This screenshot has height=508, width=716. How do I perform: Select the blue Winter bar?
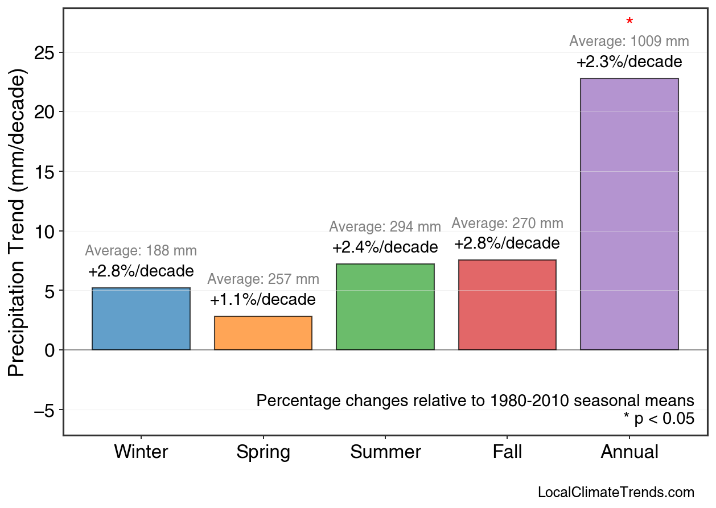[x=141, y=319]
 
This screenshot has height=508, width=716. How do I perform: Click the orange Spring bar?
[x=263, y=333]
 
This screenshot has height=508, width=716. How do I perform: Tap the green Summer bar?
[x=385, y=307]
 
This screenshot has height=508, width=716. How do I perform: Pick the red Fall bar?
[x=507, y=305]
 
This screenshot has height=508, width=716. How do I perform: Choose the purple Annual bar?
[x=629, y=214]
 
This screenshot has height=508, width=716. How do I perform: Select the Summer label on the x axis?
[x=385, y=452]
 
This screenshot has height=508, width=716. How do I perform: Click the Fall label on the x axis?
[x=507, y=452]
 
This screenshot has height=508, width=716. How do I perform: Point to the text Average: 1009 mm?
[x=629, y=42]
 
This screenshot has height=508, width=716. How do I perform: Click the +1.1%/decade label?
[x=263, y=300]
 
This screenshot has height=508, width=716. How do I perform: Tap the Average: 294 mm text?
[x=385, y=227]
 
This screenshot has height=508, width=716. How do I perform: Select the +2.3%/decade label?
[x=629, y=62]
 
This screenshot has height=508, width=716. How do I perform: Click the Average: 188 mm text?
[x=141, y=251]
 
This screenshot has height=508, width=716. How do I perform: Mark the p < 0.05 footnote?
[x=659, y=419]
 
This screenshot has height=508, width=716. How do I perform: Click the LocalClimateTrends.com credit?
[x=616, y=493]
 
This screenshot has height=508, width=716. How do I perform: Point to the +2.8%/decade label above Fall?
[x=507, y=244]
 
